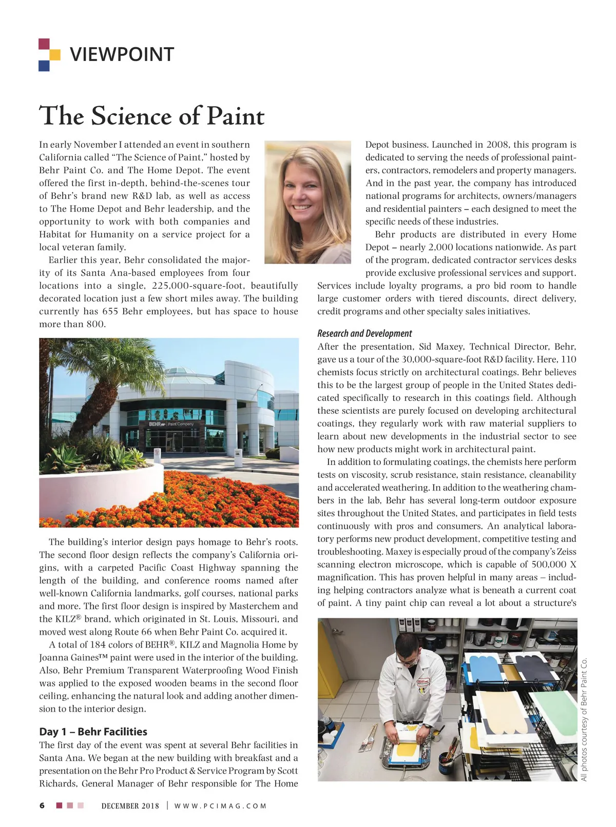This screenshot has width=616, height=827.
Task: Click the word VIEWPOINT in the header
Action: click(122, 54)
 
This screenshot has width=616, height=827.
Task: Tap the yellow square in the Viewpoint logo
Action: click(55, 54)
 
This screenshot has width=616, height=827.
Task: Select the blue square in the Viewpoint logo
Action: click(44, 66)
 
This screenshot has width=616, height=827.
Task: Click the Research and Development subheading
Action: click(364, 333)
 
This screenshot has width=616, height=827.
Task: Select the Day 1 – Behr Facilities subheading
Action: click(93, 732)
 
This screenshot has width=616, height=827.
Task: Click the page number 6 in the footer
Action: click(42, 805)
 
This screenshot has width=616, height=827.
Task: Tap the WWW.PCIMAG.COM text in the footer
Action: click(221, 806)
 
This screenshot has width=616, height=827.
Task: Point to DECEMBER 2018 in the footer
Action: click(130, 806)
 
